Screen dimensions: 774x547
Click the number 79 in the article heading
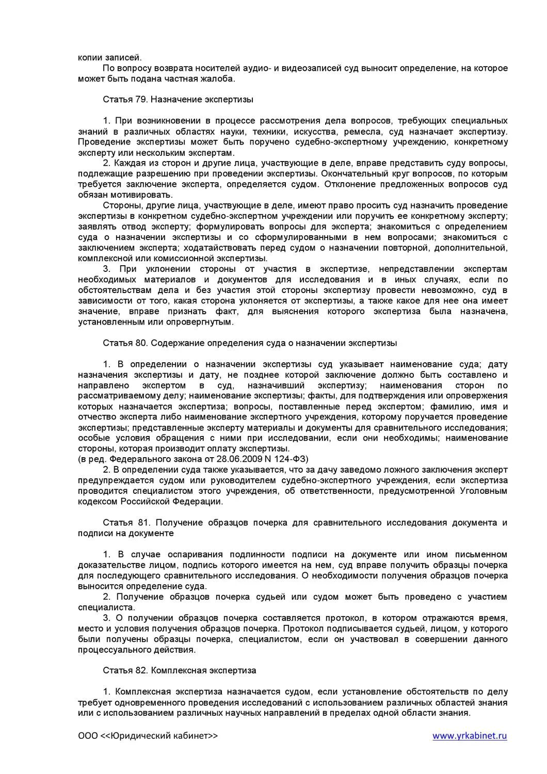[135, 100]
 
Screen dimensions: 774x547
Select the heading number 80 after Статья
[135, 343]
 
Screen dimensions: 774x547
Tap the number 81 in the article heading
[135, 523]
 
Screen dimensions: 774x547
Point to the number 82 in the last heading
[135, 670]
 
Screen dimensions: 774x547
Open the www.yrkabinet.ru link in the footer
[470, 735]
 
